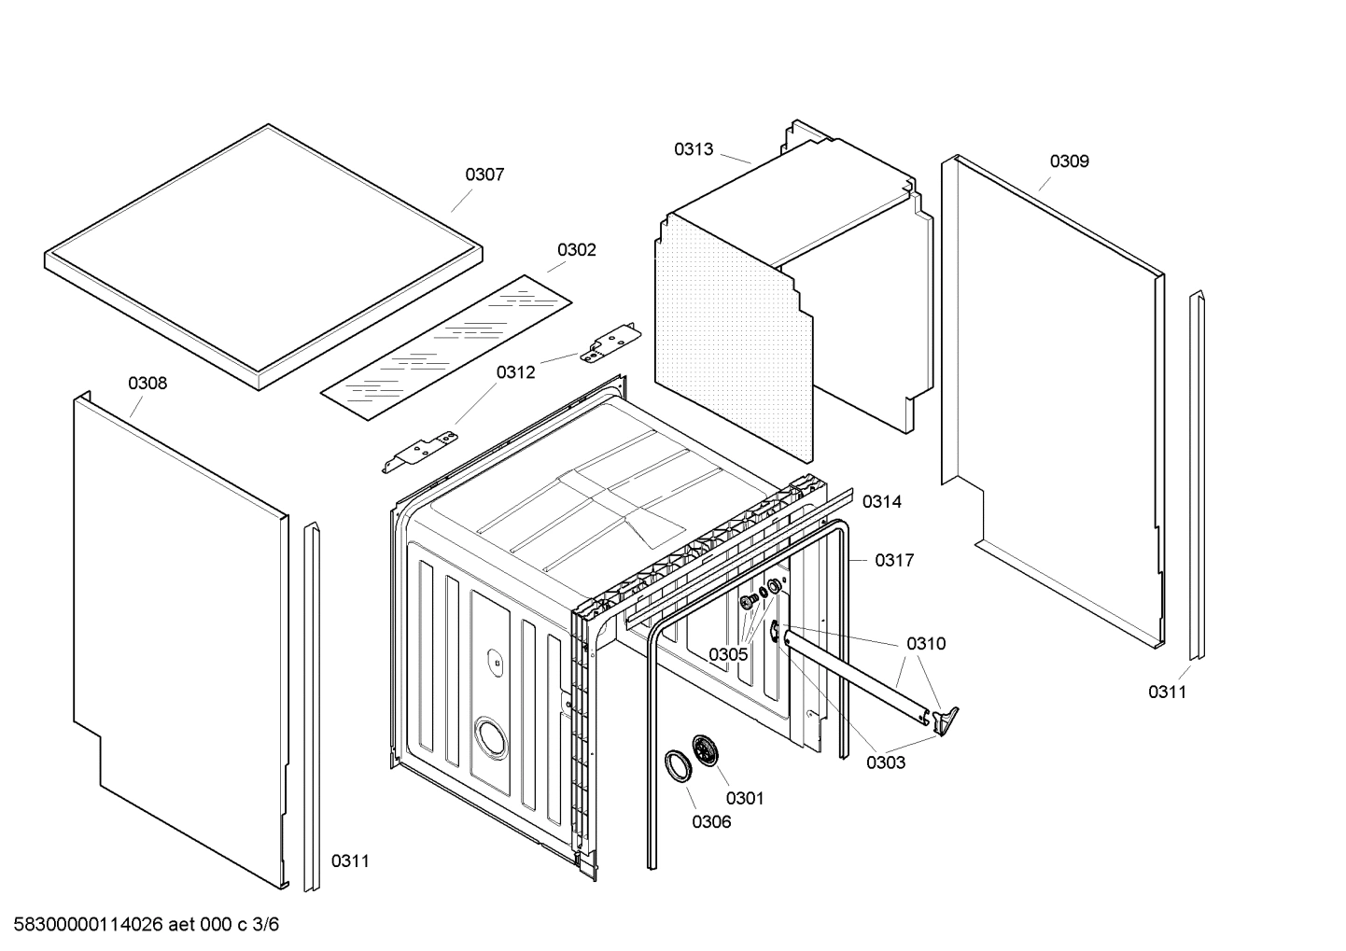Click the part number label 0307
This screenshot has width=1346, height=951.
[x=484, y=175]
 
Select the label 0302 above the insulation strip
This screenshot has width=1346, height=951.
[x=576, y=250]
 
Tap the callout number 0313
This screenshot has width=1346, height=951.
[x=694, y=149]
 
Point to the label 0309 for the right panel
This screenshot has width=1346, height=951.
[x=1069, y=161]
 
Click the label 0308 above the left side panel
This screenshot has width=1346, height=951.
[x=147, y=384]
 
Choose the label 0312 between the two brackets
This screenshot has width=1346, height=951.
[x=515, y=372]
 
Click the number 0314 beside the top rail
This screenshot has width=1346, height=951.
[x=881, y=502]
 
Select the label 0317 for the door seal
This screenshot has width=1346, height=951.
[x=893, y=560]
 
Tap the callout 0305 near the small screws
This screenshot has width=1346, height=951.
[x=727, y=654]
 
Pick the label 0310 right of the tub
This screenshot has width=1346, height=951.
[x=925, y=643]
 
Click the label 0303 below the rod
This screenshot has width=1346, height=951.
[x=885, y=762]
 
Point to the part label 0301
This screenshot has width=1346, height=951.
[x=744, y=798]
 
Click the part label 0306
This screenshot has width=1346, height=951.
[x=711, y=822]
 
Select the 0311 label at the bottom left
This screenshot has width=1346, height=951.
[x=350, y=861]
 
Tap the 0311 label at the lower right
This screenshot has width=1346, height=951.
[x=1167, y=692]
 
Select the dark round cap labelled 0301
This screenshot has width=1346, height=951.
[x=708, y=749]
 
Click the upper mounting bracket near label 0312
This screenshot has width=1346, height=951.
[x=610, y=342]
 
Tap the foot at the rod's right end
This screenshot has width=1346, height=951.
[x=946, y=718]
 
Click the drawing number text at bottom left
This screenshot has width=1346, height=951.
[x=140, y=925]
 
